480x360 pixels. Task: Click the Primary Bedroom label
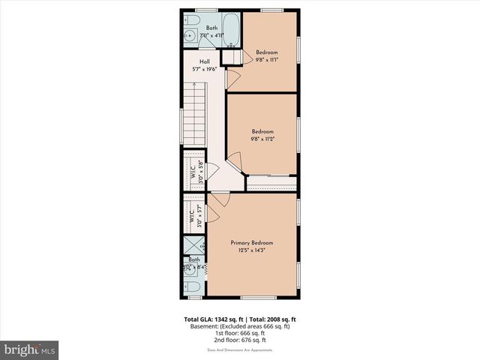[x=251, y=243]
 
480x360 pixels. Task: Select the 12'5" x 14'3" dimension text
[x=251, y=250]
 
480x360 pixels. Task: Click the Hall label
[x=204, y=62]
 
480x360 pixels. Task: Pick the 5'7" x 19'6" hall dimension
[x=204, y=69]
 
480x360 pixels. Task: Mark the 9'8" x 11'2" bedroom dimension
[x=262, y=139]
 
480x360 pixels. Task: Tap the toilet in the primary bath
[x=192, y=286]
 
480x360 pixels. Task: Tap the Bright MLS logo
[x=30, y=349]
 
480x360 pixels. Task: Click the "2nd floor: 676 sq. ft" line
[x=239, y=340]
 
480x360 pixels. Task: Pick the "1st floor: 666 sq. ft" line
[x=239, y=333]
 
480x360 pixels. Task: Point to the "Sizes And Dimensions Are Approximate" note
[x=239, y=350]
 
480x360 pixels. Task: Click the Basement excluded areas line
[x=239, y=326]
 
